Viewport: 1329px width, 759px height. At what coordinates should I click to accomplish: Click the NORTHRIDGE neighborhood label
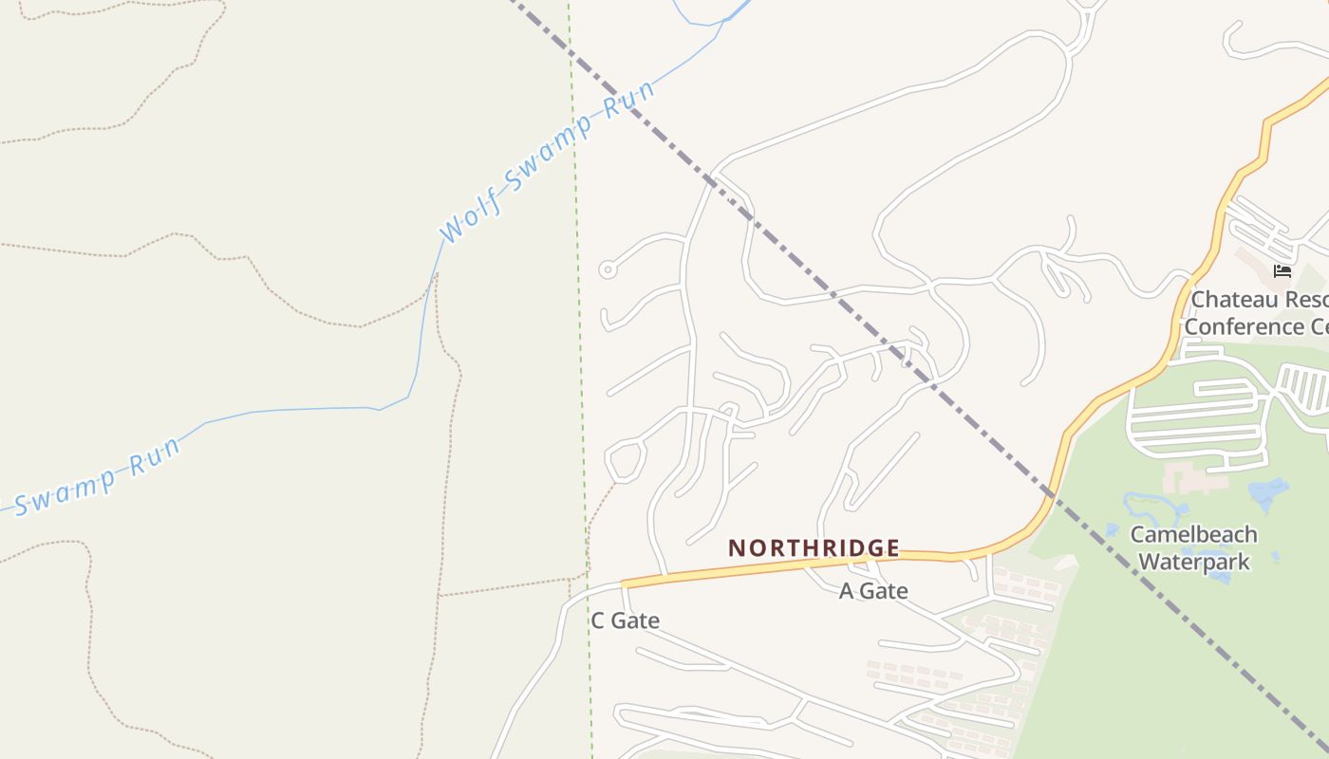click(814, 548)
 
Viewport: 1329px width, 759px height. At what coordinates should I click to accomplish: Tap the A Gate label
click(873, 591)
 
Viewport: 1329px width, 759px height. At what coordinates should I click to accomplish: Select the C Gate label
click(625, 620)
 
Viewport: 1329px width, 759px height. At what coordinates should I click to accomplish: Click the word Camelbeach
click(1193, 534)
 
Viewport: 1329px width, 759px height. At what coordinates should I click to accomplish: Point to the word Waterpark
click(1193, 562)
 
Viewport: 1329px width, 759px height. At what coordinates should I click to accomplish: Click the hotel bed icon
click(1282, 271)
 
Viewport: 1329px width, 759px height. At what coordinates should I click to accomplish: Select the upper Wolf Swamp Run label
click(548, 160)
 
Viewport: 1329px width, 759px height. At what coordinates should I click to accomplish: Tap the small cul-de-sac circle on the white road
click(608, 270)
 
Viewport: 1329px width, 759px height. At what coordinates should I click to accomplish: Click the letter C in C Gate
click(598, 620)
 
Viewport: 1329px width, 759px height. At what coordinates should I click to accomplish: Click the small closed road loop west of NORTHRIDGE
click(625, 460)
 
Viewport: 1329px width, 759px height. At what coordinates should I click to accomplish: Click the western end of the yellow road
click(625, 583)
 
